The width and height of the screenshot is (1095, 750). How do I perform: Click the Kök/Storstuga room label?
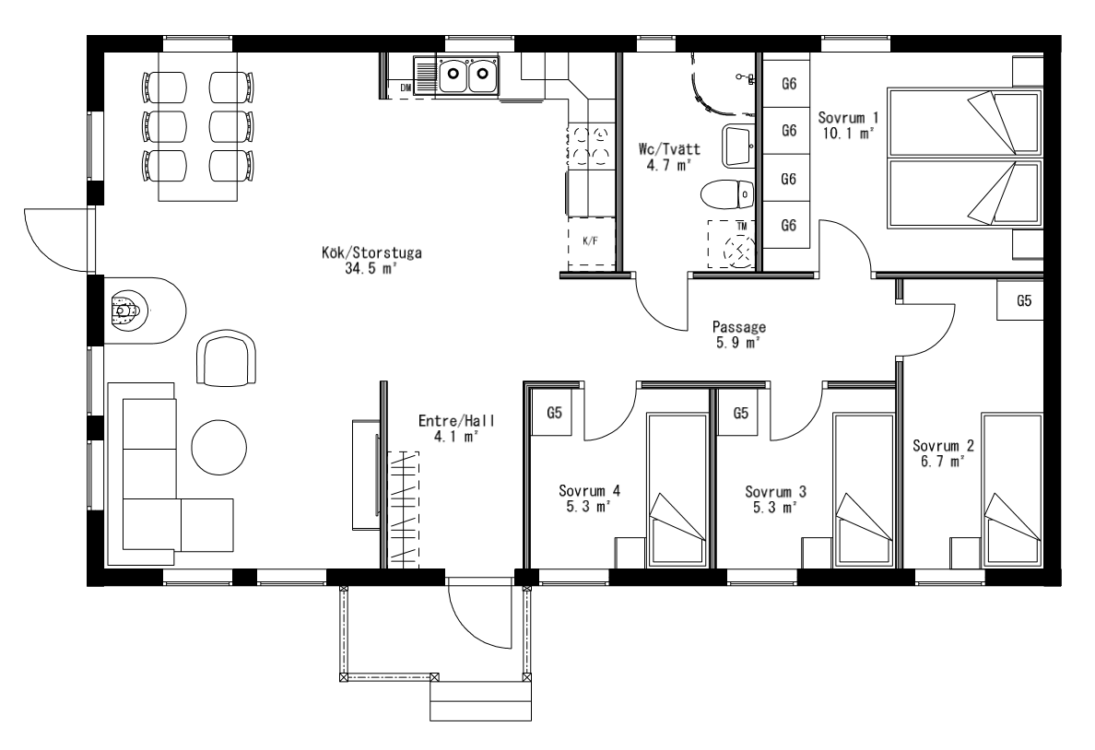click(x=371, y=252)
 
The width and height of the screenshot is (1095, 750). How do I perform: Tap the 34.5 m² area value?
click(x=371, y=269)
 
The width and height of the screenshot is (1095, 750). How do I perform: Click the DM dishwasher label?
click(x=406, y=88)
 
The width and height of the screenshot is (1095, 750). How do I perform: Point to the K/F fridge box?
click(x=591, y=241)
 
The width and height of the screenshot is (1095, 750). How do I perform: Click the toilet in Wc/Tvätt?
click(x=727, y=194)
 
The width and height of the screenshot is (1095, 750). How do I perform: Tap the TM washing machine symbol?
click(x=732, y=244)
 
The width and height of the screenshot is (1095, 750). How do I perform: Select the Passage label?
click(x=739, y=327)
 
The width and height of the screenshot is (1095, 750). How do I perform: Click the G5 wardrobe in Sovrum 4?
click(x=555, y=413)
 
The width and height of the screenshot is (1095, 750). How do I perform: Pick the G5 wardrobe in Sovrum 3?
click(x=741, y=413)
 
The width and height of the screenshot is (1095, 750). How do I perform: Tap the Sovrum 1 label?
click(x=849, y=118)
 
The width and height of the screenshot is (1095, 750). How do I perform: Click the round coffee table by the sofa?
click(x=219, y=448)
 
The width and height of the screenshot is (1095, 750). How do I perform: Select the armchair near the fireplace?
click(x=227, y=357)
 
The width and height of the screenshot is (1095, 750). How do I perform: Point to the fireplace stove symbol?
click(x=125, y=311)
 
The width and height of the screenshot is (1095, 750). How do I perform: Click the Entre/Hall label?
click(x=457, y=420)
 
